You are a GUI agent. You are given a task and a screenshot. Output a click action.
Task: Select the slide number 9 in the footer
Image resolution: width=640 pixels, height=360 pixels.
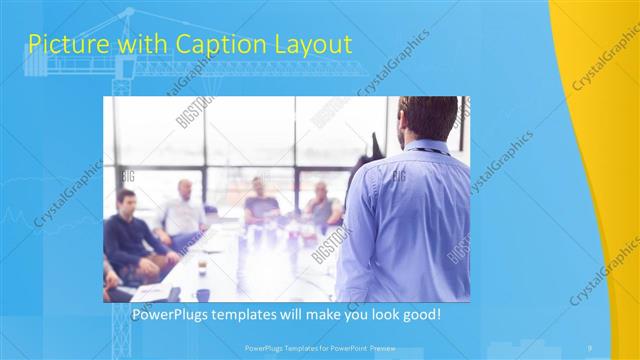pyautogui.click(x=590, y=347)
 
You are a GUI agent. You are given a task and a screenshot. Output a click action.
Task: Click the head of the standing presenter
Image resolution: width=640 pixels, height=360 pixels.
pyautogui.click(x=426, y=118)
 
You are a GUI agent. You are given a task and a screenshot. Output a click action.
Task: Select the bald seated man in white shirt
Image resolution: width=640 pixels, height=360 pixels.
pyautogui.click(x=184, y=212)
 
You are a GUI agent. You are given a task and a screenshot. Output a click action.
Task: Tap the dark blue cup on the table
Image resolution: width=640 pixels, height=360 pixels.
pyautogui.click(x=203, y=294)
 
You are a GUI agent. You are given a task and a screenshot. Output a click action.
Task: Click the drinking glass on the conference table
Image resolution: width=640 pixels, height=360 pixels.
pyautogui.click(x=201, y=264)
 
